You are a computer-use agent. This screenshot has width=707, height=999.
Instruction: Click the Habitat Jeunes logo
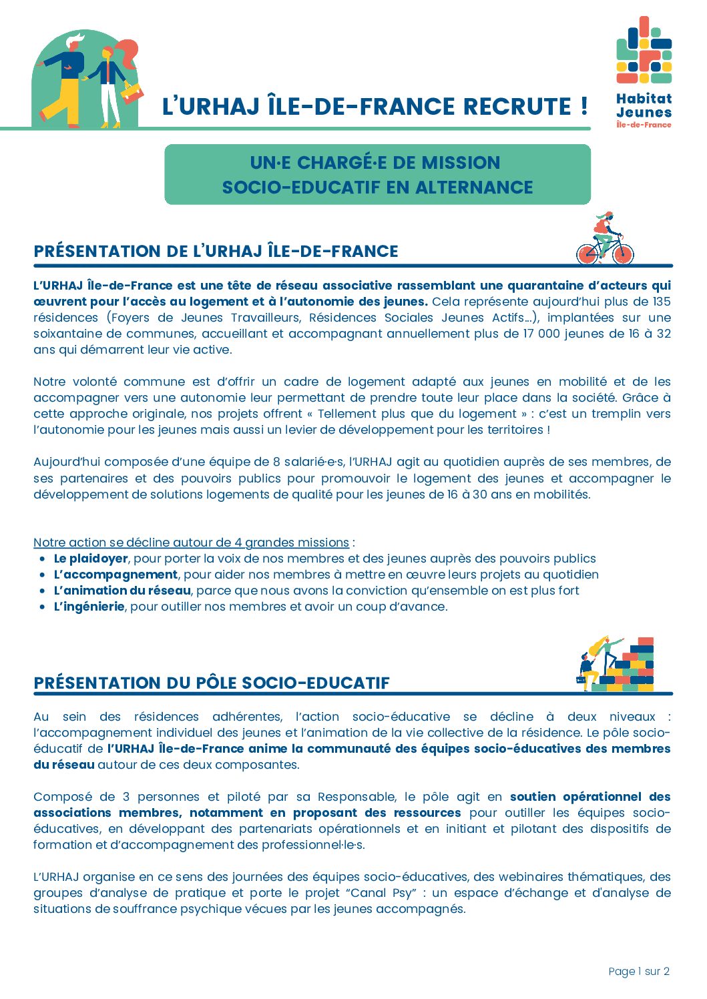644,72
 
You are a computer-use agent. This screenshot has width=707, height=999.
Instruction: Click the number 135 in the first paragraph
661,302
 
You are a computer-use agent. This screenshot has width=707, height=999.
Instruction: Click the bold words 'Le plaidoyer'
91,559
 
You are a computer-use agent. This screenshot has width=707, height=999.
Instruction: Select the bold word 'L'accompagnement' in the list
115,575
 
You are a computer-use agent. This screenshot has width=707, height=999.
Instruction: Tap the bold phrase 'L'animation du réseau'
122,591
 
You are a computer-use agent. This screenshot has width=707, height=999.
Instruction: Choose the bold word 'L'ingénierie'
89,607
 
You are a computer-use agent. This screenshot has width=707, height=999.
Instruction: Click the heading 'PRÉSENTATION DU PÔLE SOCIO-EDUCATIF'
212,683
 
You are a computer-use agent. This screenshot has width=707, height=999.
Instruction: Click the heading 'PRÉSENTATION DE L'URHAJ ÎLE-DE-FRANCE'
216,252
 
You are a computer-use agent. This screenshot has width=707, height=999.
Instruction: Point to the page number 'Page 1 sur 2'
638,972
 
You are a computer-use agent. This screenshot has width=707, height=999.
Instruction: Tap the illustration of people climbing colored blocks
615,665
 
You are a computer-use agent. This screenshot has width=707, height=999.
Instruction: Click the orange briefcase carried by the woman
132,92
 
